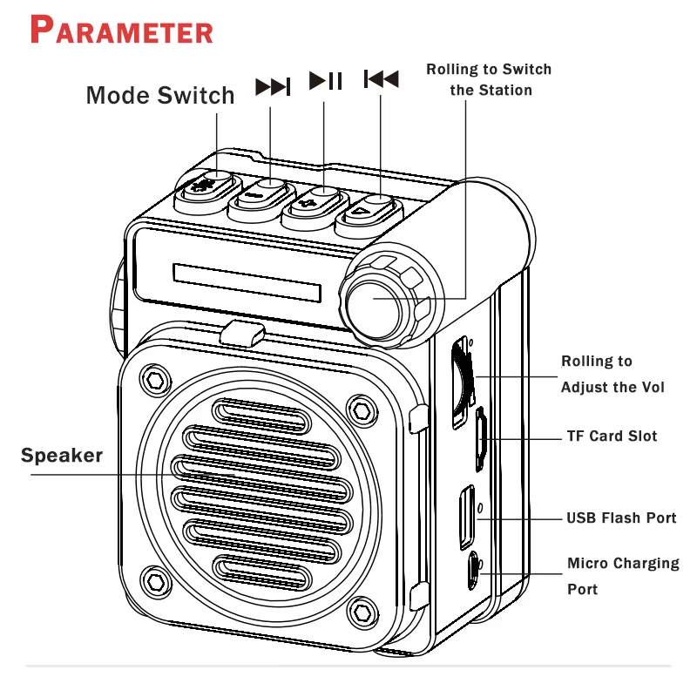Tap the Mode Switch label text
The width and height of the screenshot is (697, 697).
point(160,95)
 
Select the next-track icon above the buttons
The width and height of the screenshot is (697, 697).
point(272,86)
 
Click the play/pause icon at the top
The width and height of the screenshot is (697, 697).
point(326,81)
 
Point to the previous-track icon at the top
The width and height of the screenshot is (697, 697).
point(381,80)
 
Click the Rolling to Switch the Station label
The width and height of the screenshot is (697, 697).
point(489,79)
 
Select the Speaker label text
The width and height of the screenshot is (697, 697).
point(62,455)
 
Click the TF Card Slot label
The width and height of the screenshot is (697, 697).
point(612,436)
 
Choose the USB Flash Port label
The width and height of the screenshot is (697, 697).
point(621,518)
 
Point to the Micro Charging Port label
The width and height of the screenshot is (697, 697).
point(622,576)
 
